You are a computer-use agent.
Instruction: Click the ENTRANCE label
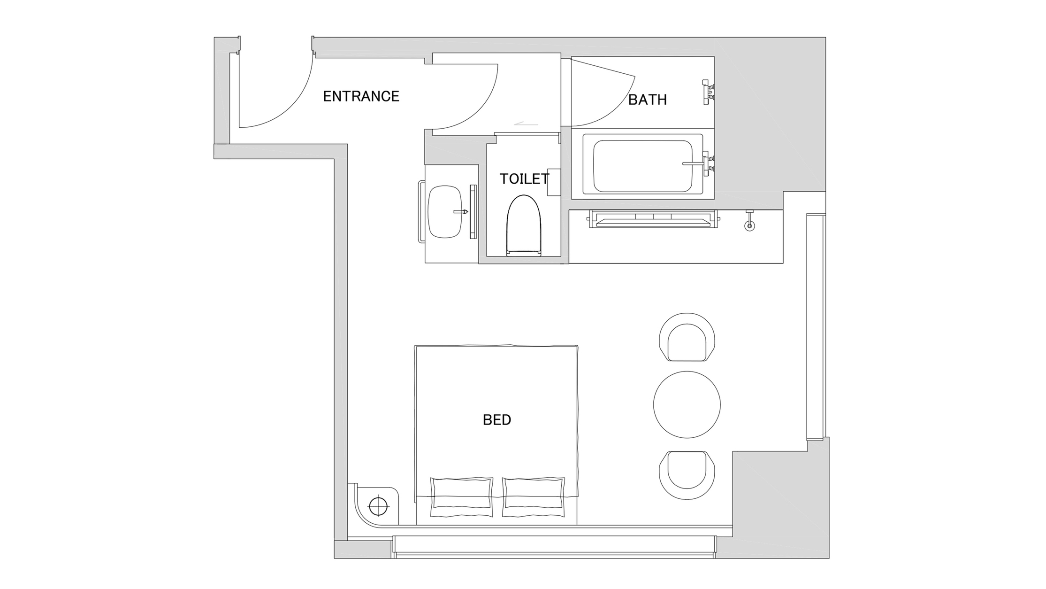point(361,96)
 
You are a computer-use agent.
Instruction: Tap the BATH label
point(647,100)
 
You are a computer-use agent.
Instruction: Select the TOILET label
point(524,179)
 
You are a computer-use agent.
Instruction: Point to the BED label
point(497,419)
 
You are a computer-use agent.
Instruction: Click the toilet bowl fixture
point(524,226)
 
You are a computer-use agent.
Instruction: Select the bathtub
point(643,163)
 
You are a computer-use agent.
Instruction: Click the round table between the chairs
point(687,404)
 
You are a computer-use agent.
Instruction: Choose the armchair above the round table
point(687,337)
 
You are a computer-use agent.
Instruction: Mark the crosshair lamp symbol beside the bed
point(379,507)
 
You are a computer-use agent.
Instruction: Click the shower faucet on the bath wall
point(708,91)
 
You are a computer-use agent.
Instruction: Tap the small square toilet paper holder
point(554,182)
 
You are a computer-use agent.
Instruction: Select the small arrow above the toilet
point(526,124)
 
